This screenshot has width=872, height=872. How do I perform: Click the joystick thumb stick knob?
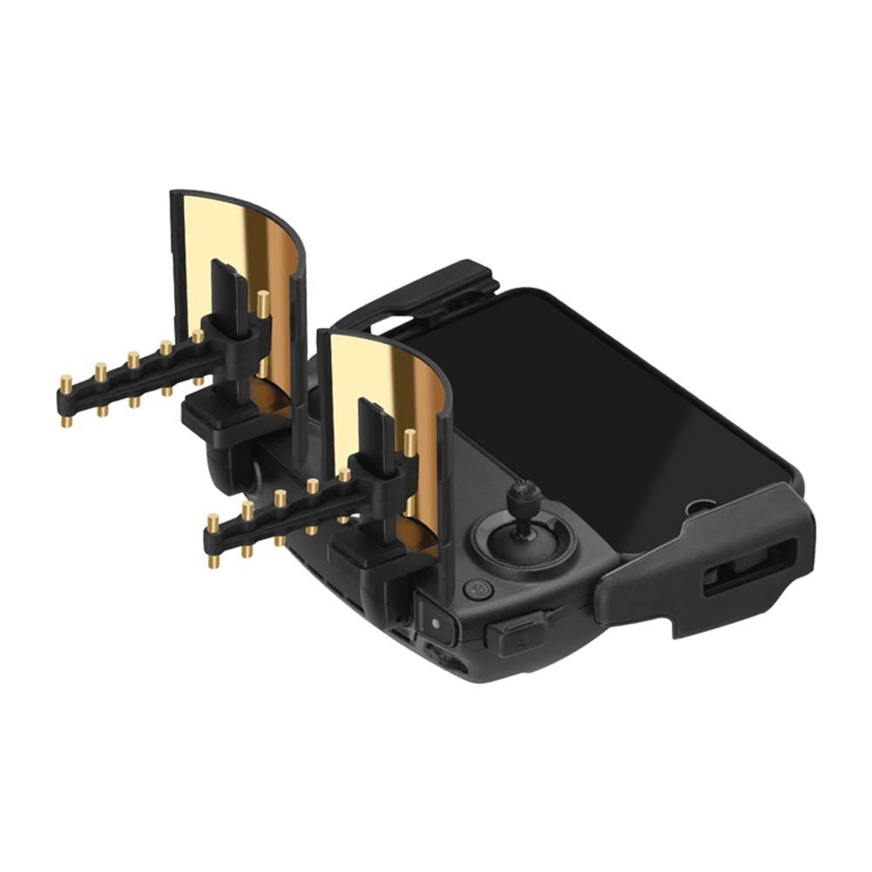tap(524, 500)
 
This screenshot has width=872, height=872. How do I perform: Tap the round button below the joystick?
tap(477, 590)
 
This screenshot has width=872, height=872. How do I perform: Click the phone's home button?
tap(700, 507)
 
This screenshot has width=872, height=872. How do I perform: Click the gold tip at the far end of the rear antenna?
tap(65, 383)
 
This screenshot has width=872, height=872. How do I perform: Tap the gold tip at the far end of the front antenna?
tap(213, 524)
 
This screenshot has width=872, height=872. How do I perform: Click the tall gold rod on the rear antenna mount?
tap(262, 305)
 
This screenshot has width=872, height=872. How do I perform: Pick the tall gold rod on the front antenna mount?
tap(409, 443)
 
